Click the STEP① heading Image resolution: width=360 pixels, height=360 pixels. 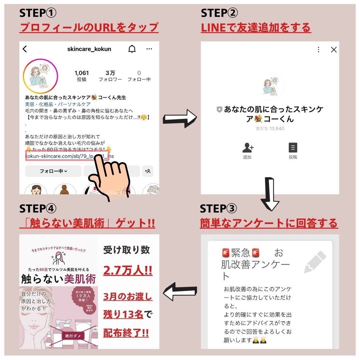pyautogui.click(x=38, y=13)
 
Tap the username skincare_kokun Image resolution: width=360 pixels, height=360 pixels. pyautogui.click(x=89, y=49)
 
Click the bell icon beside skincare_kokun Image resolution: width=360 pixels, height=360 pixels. pyautogui.click(x=132, y=49)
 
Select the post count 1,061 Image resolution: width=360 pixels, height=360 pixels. pyautogui.click(x=82, y=73)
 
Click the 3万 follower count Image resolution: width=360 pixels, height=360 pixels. pyautogui.click(x=110, y=73)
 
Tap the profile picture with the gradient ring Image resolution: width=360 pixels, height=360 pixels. pyautogui.click(x=40, y=76)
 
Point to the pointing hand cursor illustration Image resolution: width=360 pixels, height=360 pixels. pyautogui.click(x=112, y=177)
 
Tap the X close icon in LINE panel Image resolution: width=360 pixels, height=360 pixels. pyautogui.click(x=334, y=50)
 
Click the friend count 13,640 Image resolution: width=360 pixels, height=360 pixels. pyautogui.click(x=270, y=128)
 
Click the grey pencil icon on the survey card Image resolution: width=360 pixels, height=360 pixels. pyautogui.click(x=315, y=262)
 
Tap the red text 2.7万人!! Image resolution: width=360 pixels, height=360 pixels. pyautogui.click(x=128, y=270)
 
